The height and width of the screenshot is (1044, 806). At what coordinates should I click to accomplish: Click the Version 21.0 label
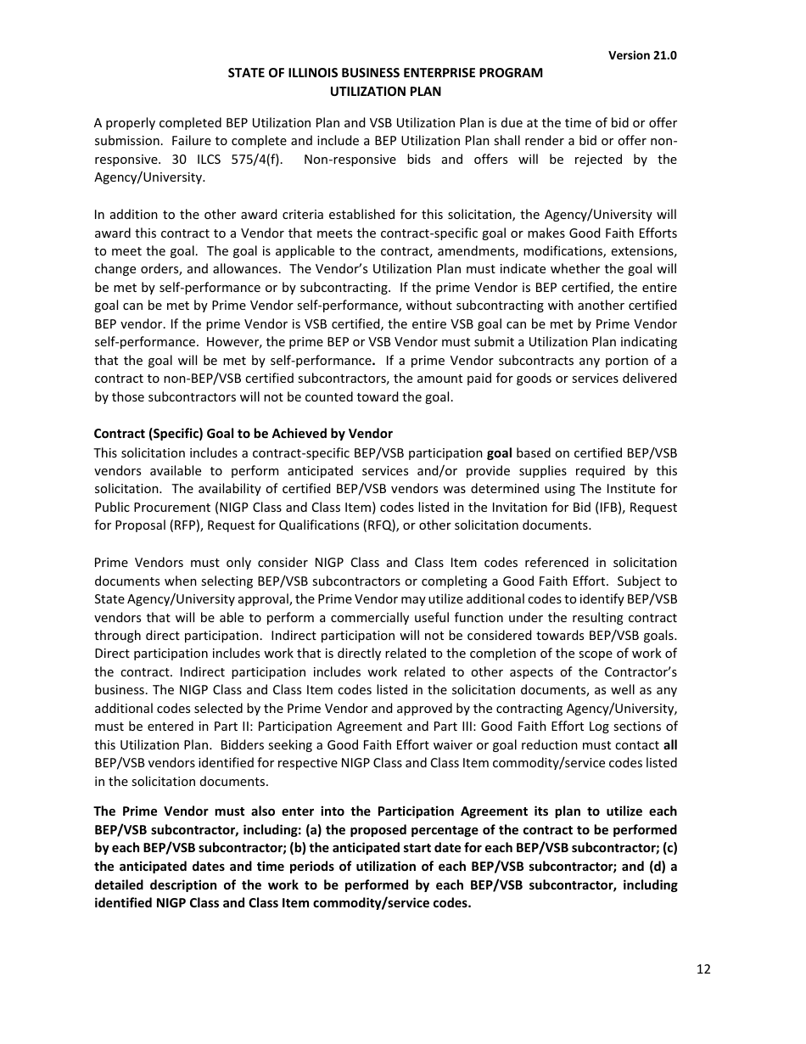coord(642,55)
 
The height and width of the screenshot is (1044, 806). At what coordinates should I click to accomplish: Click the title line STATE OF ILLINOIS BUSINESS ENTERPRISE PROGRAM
coord(385,73)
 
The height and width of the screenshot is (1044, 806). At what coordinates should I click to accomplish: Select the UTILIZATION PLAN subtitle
coord(385,91)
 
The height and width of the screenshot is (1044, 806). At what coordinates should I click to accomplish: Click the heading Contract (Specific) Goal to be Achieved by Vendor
coord(243,434)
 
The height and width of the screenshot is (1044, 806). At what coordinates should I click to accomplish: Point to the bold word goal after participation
coord(499,452)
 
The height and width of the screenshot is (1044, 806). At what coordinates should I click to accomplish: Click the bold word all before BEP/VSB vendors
coord(670,744)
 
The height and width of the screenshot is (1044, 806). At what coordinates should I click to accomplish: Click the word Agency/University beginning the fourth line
coord(149,178)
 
